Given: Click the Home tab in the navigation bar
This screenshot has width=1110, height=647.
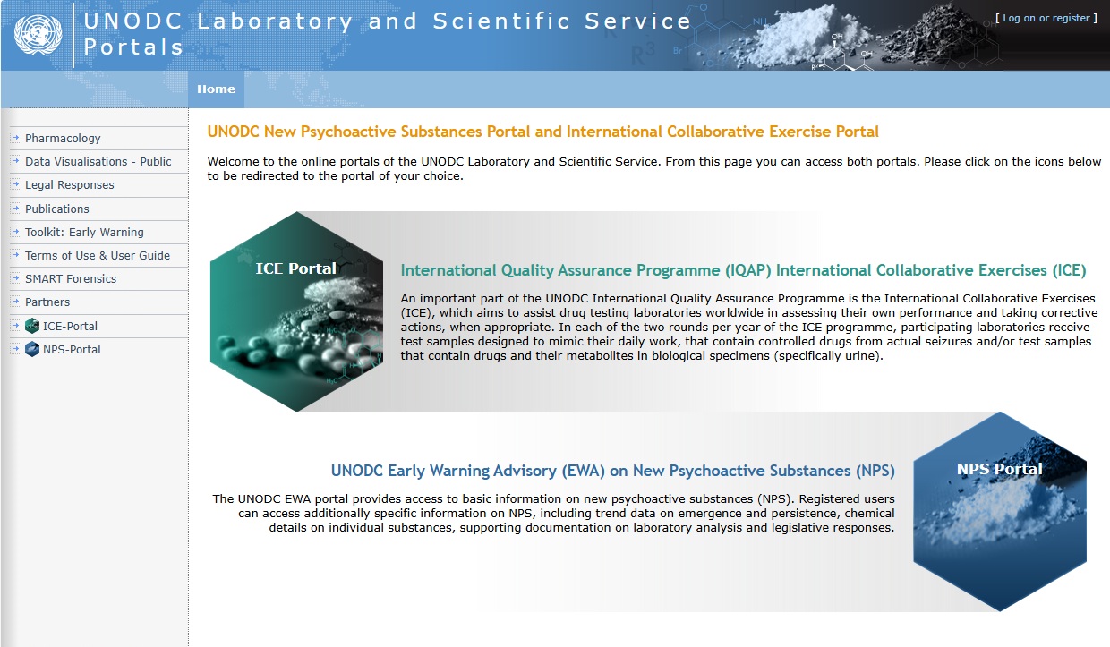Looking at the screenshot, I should (216, 89).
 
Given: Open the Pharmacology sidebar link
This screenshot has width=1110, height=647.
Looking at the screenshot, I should (63, 139).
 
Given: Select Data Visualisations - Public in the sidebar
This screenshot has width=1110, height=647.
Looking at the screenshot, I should (98, 162).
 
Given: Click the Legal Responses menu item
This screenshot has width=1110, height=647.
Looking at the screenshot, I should (69, 185).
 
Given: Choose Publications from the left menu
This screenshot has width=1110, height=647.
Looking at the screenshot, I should (56, 209).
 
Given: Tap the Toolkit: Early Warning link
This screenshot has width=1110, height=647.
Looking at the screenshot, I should (84, 232).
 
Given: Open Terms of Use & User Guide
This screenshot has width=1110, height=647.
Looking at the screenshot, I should (97, 255).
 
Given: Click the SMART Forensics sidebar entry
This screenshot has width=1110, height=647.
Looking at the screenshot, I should (71, 278).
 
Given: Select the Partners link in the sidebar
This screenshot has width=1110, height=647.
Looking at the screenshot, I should (47, 302).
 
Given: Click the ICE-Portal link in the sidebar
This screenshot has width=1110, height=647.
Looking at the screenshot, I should (70, 326).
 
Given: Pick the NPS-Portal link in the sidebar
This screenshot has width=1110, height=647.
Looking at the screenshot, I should (72, 349).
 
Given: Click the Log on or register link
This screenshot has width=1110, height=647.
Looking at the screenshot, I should (1046, 18).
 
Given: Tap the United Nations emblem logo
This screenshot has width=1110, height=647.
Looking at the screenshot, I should (38, 34).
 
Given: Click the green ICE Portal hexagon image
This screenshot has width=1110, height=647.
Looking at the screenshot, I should (296, 311).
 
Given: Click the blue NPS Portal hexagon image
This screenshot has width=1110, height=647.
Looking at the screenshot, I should (999, 512).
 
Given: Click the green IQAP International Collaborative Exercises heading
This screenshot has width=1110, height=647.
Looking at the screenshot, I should (743, 270).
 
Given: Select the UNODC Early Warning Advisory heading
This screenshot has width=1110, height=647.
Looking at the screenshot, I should (612, 471).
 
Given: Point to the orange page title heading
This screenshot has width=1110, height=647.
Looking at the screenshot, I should (542, 132).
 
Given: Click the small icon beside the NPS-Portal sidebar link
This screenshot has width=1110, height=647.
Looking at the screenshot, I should (32, 349).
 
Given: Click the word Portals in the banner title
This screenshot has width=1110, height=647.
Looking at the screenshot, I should (134, 47).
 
